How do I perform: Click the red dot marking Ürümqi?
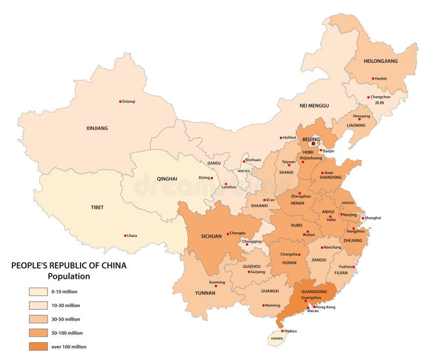[120, 101]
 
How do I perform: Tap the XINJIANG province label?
[97, 128]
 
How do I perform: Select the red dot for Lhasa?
[125, 235]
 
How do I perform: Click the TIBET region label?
[97, 207]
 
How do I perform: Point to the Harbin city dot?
[373, 78]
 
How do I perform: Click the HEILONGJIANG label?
[380, 61]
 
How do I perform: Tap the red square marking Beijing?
[313, 144]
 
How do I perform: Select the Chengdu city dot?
[228, 233]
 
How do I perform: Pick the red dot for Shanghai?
[362, 218]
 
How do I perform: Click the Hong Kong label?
[325, 306]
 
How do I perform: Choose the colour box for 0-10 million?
[38, 291]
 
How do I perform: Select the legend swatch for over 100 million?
[38, 346]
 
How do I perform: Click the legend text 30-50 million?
[65, 319]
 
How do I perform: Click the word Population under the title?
[69, 276]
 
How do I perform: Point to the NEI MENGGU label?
[314, 105]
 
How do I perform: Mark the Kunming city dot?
[215, 286]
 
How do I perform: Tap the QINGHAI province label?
[167, 178]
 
